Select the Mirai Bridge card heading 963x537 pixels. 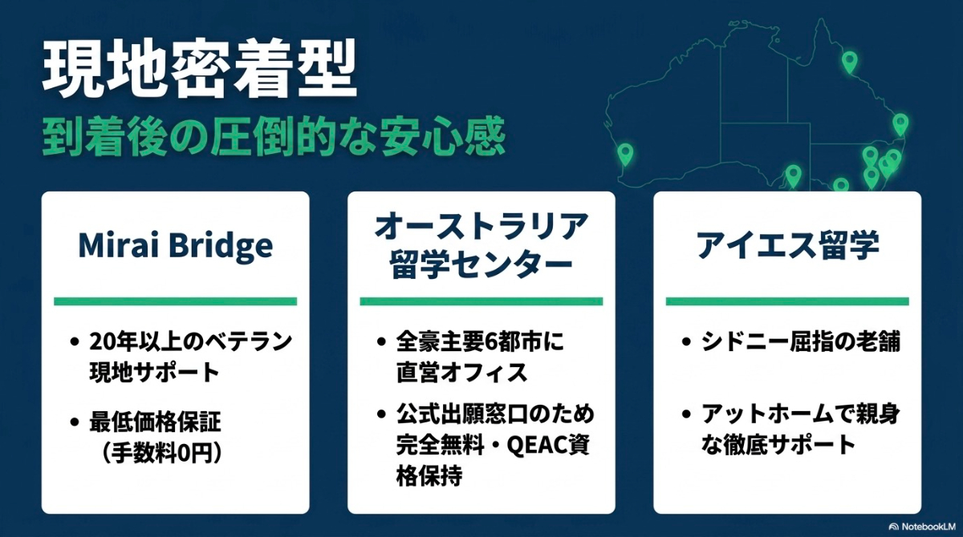point(175,247)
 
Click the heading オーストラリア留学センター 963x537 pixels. point(481,246)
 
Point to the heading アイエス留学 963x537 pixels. point(787,246)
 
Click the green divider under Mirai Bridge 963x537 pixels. point(175,301)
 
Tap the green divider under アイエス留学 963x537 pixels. point(787,301)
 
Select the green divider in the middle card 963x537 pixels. point(481,301)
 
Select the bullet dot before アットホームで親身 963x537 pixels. point(686,415)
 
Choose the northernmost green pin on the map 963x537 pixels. point(849,60)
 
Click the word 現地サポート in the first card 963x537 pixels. point(154,372)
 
